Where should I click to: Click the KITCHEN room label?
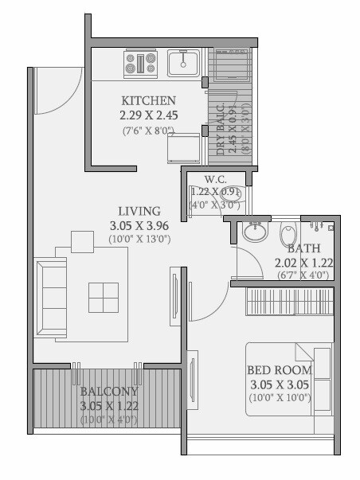coord(148,101)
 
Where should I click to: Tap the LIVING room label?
coord(139,211)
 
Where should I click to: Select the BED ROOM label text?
coord(279,370)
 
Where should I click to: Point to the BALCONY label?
coord(109,392)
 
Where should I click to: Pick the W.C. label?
coord(216,178)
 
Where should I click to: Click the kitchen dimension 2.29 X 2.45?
coord(148,115)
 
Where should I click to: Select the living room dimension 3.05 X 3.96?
coord(139,225)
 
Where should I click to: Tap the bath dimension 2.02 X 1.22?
coord(303,263)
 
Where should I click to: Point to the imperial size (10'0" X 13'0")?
coord(139,239)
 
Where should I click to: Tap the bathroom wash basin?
coord(255,232)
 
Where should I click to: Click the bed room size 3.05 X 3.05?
coord(279,384)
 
